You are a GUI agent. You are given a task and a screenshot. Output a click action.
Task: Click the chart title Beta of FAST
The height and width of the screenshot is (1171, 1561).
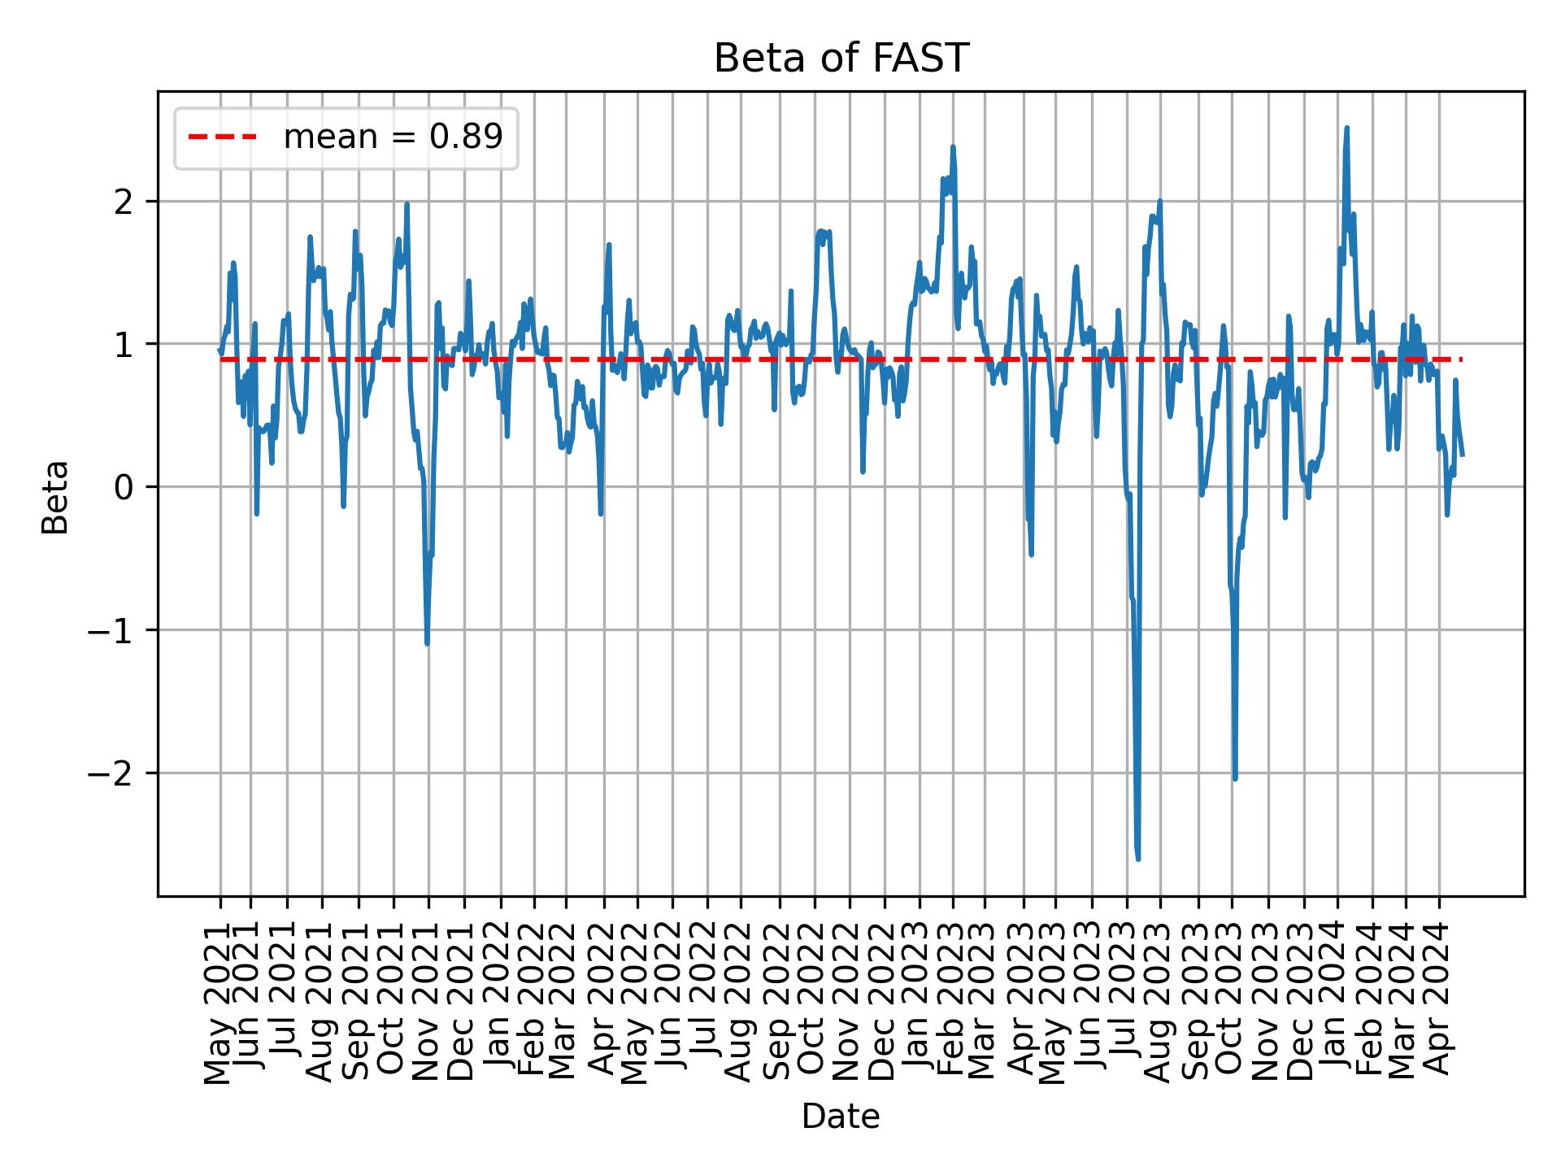coord(841,59)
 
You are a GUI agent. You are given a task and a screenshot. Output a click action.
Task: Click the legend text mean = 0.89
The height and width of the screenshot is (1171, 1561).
coord(393,137)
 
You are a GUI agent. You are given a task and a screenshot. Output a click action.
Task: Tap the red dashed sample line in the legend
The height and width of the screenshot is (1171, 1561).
coord(222,137)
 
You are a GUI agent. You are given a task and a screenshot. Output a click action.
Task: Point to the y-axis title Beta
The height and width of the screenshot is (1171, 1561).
coord(55,496)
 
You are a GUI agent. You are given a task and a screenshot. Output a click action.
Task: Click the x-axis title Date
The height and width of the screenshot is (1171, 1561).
coord(841,1117)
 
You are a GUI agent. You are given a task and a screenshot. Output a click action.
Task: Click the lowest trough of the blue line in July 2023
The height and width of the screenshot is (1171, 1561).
coord(1138,859)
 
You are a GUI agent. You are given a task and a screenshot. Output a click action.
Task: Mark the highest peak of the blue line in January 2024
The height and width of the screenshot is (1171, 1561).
coord(1346,128)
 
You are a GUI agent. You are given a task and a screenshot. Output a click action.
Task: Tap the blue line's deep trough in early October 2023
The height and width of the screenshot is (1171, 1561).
coord(1235,779)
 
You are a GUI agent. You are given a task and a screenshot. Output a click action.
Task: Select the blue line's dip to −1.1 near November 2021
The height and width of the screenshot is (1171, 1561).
coord(427,644)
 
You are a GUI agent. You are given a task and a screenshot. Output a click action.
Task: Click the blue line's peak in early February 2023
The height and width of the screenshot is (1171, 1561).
coord(953,147)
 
